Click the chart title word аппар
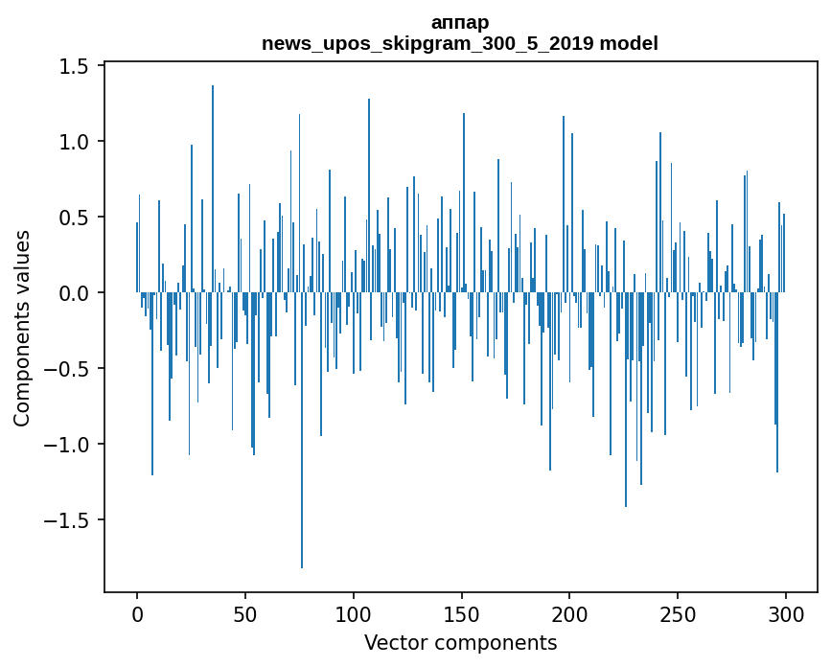click(x=460, y=23)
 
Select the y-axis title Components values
click(x=22, y=328)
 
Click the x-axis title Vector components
click(x=460, y=642)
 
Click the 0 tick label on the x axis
click(x=137, y=612)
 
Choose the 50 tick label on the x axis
click(x=245, y=612)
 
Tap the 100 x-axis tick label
click(x=354, y=612)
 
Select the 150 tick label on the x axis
click(x=462, y=612)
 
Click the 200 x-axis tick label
click(x=570, y=612)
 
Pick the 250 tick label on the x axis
click(x=679, y=612)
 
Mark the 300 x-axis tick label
click(x=786, y=612)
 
